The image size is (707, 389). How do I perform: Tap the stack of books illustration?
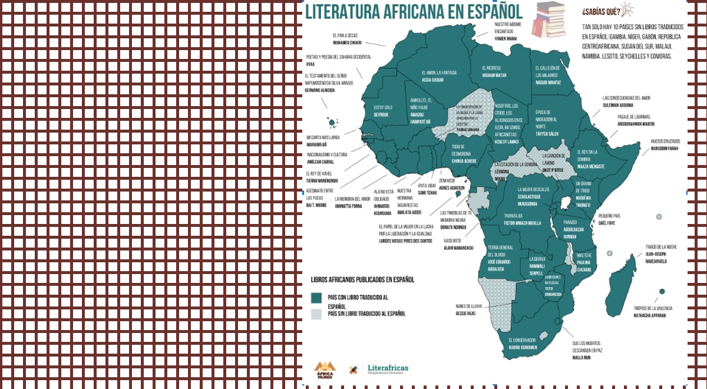click(549, 19)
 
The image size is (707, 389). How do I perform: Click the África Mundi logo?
click(325, 370)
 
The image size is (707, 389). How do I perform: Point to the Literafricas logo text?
click(388, 368)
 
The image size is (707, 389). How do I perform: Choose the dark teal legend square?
click(316, 298)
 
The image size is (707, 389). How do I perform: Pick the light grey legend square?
click(316, 314)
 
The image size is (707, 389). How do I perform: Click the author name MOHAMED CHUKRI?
click(347, 43)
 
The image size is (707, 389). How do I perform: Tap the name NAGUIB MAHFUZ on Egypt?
click(548, 83)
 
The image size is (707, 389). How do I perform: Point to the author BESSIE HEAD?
click(465, 314)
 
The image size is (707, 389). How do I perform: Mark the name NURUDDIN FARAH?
click(664, 149)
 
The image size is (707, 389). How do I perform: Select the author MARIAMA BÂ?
click(316, 144)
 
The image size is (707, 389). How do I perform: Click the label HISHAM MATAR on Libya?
click(494, 75)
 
